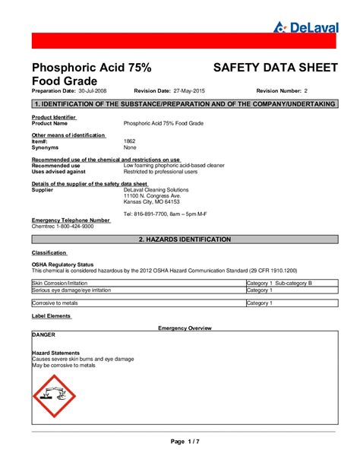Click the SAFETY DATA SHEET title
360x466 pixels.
tap(274, 68)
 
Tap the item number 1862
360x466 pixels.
tap(129, 141)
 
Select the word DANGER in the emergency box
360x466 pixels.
tap(43, 334)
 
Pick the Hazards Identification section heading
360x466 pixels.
tap(185, 239)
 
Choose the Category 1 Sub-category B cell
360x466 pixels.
tap(279, 282)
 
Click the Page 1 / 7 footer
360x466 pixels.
tap(185, 442)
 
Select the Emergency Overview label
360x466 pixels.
tap(185, 328)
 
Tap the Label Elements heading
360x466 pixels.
tap(51, 315)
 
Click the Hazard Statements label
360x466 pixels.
tap(56, 352)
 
